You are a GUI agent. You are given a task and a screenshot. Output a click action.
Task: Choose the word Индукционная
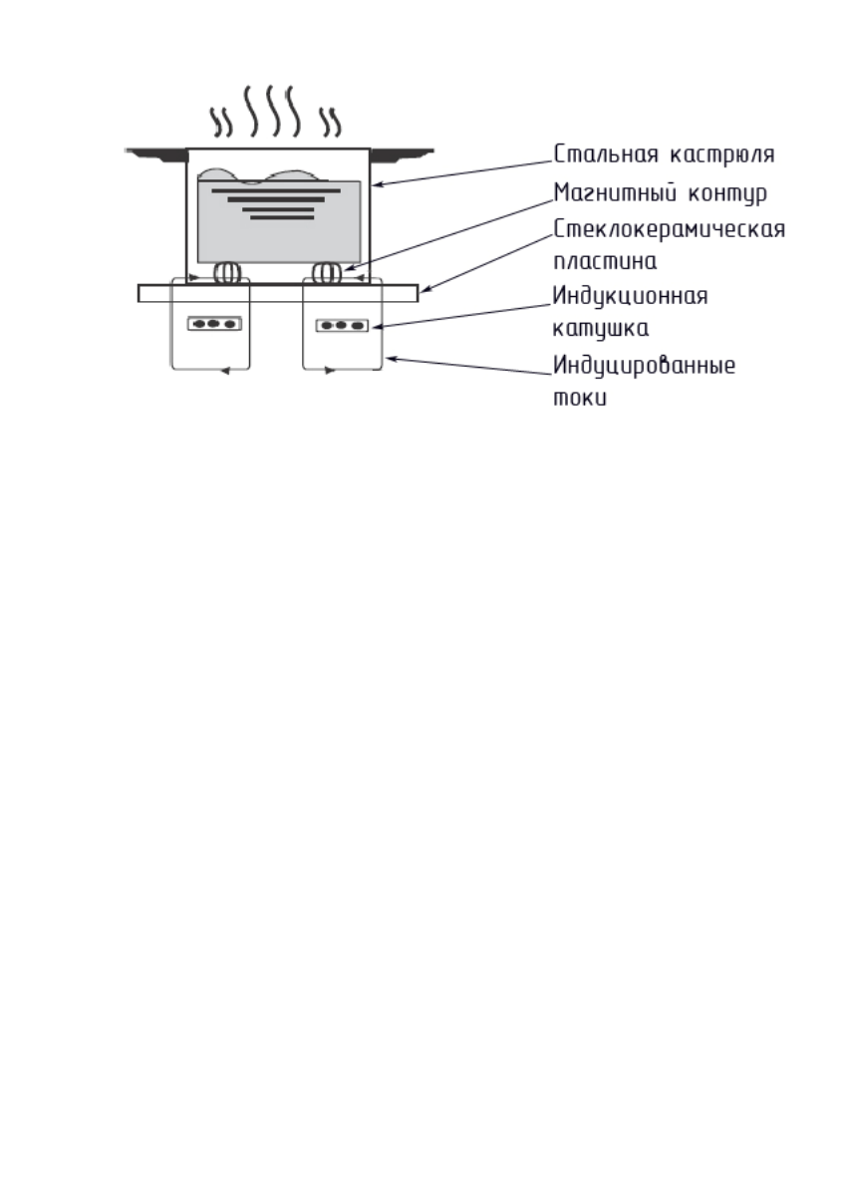pyautogui.click(x=630, y=296)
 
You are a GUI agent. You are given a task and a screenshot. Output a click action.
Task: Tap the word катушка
pyautogui.click(x=601, y=328)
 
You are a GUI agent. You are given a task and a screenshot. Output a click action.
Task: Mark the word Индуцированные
pyautogui.click(x=644, y=365)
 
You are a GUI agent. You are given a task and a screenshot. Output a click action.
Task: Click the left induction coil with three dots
pyautogui.click(x=214, y=324)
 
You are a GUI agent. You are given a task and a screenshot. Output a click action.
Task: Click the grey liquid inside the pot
pyautogui.click(x=279, y=234)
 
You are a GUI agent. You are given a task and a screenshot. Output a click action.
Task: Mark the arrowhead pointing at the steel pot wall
pyautogui.click(x=378, y=184)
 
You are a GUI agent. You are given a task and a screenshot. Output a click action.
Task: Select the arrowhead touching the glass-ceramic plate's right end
pyautogui.click(x=422, y=291)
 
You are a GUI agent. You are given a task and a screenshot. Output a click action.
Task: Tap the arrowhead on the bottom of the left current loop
pyautogui.click(x=225, y=371)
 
